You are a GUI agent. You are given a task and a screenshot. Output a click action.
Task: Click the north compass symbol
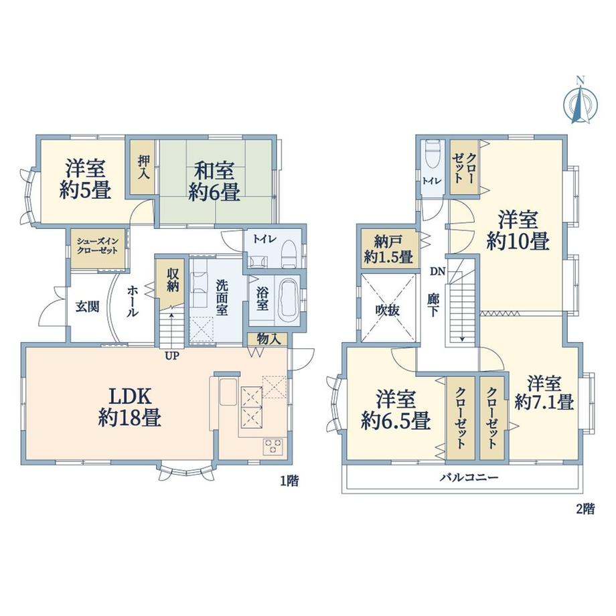pyautogui.click(x=581, y=102)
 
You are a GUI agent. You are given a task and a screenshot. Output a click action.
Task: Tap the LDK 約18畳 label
pyautogui.click(x=130, y=407)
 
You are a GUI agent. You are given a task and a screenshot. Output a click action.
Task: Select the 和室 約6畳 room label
pyautogui.click(x=214, y=181)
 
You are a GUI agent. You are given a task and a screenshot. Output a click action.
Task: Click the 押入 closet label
pyautogui.click(x=144, y=167)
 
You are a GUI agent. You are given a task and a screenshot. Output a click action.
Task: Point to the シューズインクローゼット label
pyautogui.click(x=98, y=246)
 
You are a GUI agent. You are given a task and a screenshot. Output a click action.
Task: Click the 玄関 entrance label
pyautogui.click(x=87, y=307)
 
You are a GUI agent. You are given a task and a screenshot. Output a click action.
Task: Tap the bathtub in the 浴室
pyautogui.click(x=289, y=301)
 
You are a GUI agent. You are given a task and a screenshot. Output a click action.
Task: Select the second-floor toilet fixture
pyautogui.click(x=433, y=155)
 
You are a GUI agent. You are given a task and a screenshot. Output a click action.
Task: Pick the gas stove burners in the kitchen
pyautogui.click(x=273, y=447)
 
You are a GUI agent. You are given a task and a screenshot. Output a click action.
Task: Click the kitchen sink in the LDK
pyautogui.click(x=228, y=392)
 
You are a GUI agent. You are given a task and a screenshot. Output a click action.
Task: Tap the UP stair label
pyautogui.click(x=172, y=356)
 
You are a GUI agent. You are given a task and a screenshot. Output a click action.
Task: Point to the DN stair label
pyautogui.click(x=437, y=271)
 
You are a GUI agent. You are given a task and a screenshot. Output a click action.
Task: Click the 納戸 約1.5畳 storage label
pyautogui.click(x=388, y=249)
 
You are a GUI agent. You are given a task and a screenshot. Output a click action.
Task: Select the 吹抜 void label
pyautogui.click(x=388, y=311)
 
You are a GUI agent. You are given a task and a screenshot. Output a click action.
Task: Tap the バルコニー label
pyautogui.click(x=469, y=477)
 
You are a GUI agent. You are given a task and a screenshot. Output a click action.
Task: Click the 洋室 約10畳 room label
pyautogui.click(x=518, y=230)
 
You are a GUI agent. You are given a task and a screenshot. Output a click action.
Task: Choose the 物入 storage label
pyautogui.click(x=268, y=339)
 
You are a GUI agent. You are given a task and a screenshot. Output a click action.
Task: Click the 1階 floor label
pyautogui.click(x=289, y=481)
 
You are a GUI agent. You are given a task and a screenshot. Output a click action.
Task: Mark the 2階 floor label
pyautogui.click(x=585, y=509)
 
